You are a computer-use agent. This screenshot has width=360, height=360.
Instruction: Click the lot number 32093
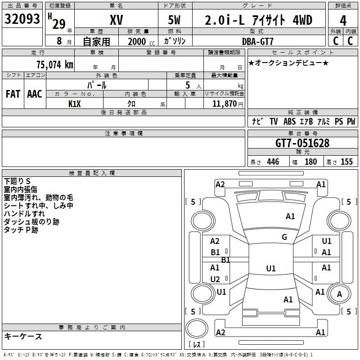point(22,19)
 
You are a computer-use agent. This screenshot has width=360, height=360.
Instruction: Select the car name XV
point(116,20)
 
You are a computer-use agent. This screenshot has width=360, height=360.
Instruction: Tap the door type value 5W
point(175,20)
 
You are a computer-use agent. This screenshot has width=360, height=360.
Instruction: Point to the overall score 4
point(343,20)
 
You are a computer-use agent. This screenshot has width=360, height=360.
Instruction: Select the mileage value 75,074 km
point(54,64)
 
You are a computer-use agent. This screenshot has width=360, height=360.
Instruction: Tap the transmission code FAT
point(13,94)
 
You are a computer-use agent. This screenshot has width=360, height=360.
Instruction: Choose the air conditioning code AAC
point(35,94)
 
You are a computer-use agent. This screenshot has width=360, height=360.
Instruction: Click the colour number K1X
point(74,104)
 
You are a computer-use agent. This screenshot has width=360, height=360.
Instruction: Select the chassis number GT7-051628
point(302,143)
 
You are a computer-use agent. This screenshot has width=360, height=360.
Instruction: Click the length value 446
point(273,162)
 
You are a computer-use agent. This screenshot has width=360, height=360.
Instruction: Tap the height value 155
point(346,162)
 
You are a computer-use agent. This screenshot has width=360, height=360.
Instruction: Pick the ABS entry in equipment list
point(289,121)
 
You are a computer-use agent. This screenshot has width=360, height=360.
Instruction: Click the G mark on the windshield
point(284,237)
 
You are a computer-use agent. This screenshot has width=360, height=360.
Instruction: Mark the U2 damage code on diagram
point(215,279)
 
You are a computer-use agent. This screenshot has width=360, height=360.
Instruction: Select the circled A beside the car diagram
point(340,294)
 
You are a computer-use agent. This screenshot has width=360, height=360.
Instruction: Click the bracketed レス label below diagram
point(197,345)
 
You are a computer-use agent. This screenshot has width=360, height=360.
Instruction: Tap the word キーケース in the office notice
point(23,336)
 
